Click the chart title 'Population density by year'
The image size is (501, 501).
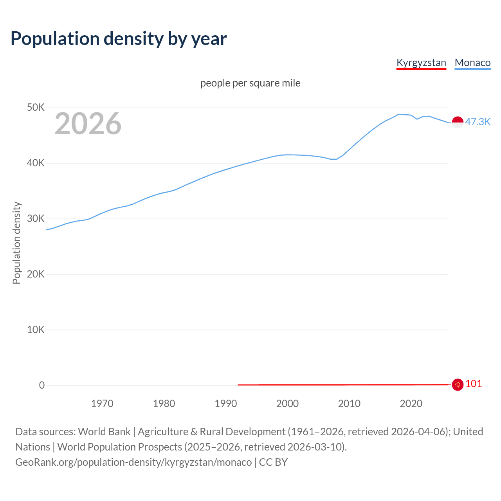pos(119,38)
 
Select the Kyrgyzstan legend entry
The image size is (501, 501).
pos(421,63)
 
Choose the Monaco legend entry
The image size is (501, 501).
pos(472,63)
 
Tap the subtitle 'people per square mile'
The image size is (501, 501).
pos(250,83)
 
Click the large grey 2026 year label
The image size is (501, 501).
pos(88,124)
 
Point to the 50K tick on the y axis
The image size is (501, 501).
pos(36,107)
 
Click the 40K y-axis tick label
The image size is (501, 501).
pos(36,163)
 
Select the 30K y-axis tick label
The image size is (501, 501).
pos(36,218)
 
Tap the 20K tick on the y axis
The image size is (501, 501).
pos(36,274)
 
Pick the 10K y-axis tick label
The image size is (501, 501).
pos(36,330)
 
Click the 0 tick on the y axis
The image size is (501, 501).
pos(42,385)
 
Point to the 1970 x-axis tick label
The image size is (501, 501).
pos(102,404)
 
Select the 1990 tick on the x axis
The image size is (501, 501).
pos(226,404)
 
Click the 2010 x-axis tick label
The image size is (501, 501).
pos(349,404)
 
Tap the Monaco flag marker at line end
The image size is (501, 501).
pos(458,122)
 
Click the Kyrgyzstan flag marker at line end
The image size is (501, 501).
pos(458,385)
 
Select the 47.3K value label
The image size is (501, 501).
pos(478,122)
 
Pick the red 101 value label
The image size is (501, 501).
pos(474,384)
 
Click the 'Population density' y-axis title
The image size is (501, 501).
pos(16,243)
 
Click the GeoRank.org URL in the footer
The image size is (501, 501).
pos(133,462)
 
